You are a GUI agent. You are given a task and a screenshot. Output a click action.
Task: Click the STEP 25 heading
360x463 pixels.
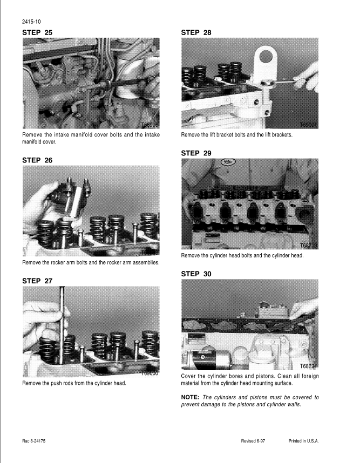(x=37, y=33)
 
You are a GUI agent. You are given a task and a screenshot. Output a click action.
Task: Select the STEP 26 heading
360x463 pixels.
(x=37, y=160)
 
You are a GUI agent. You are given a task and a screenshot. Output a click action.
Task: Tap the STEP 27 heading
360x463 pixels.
(x=37, y=281)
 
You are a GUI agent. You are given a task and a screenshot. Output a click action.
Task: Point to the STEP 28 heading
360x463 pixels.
(x=196, y=33)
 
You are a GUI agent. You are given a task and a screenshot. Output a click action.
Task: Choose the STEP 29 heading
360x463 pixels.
(x=196, y=153)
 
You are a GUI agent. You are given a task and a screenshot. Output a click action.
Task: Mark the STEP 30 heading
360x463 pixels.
(x=196, y=274)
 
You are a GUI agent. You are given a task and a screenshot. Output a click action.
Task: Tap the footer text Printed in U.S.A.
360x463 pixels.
(x=303, y=441)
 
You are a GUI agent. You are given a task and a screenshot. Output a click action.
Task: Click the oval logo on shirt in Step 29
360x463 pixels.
(x=228, y=162)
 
